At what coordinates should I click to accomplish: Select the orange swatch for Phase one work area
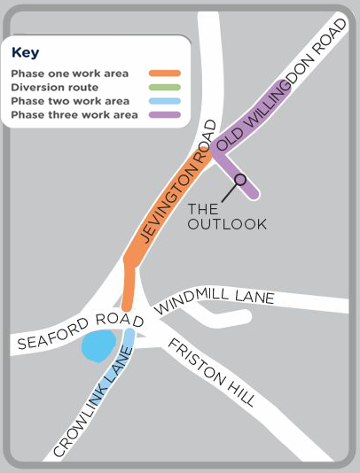[x=166, y=74]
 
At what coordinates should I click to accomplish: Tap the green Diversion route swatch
[x=166, y=88]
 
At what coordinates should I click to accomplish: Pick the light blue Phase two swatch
[x=166, y=102]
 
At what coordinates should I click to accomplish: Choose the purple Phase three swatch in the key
[x=166, y=115]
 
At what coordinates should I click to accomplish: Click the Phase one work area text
[x=70, y=74]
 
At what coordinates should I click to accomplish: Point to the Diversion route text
[x=54, y=88]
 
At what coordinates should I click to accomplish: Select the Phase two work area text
[x=70, y=102]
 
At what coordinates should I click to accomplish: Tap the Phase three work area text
[x=74, y=115]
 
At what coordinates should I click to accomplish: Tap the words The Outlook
[x=227, y=217]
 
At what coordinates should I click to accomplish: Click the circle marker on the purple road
[x=239, y=178]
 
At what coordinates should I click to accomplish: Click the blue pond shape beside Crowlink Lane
[x=98, y=345]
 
